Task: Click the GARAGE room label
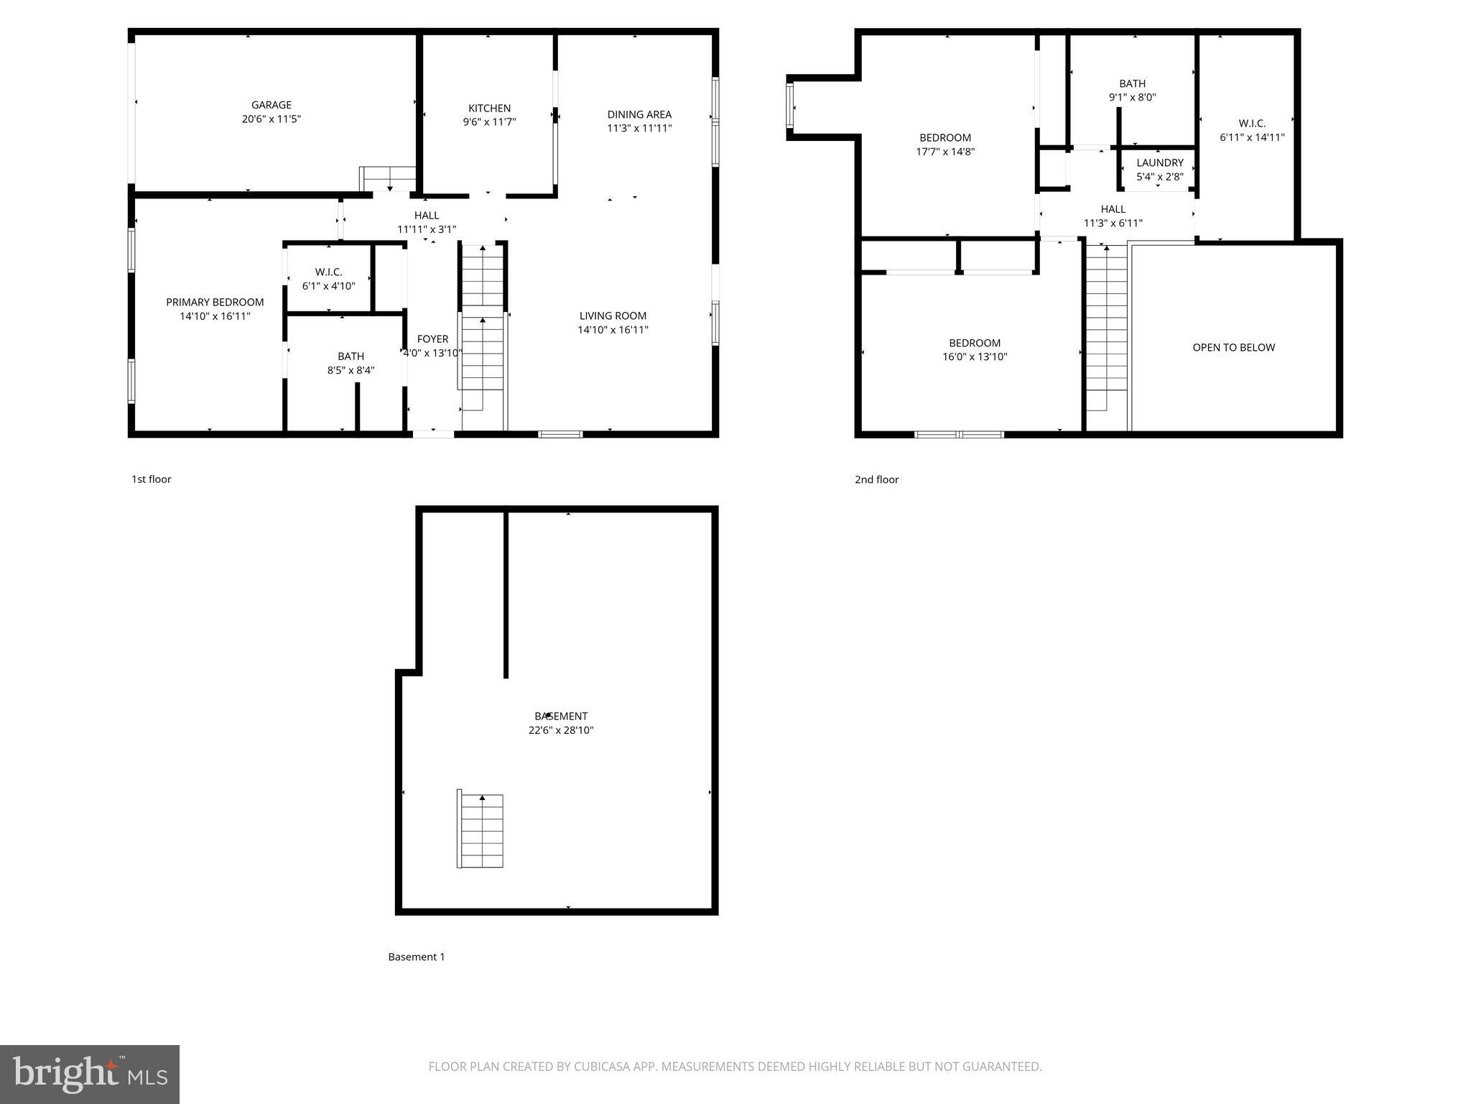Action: pyautogui.click(x=271, y=105)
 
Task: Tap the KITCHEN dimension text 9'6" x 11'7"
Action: pyautogui.click(x=489, y=122)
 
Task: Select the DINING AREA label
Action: pyautogui.click(x=639, y=114)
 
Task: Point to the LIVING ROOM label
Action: pyautogui.click(x=613, y=316)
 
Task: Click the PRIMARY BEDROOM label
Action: pyautogui.click(x=215, y=303)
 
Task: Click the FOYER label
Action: pyautogui.click(x=432, y=339)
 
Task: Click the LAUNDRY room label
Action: pyautogui.click(x=1159, y=163)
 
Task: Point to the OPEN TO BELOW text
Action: pyautogui.click(x=1233, y=347)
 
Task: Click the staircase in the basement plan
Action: pyautogui.click(x=481, y=830)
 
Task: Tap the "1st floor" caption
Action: pyautogui.click(x=151, y=479)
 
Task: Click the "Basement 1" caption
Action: pyautogui.click(x=417, y=957)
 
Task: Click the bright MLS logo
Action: pyautogui.click(x=90, y=1074)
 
